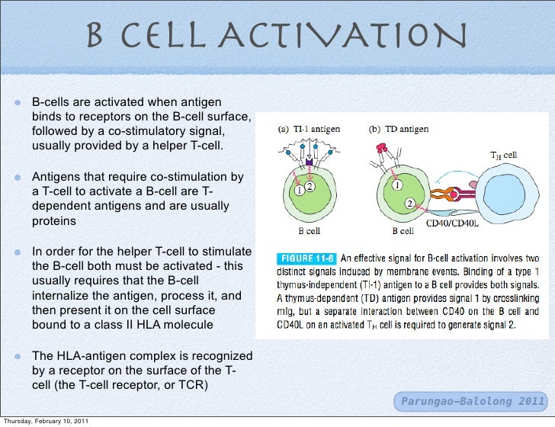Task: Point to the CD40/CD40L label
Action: [x=451, y=223]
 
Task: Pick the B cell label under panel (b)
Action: [x=403, y=230]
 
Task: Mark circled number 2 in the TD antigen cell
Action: [x=410, y=204]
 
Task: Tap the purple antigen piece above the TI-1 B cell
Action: [x=309, y=162]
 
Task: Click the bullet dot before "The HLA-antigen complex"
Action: [x=16, y=357]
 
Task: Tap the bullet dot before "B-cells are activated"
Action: [x=16, y=102]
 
